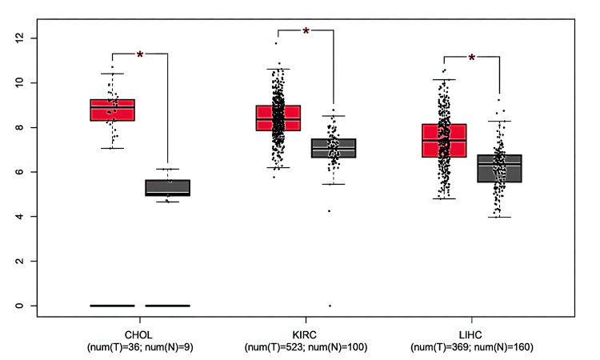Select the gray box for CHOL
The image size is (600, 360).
click(x=167, y=187)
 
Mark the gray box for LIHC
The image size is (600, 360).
click(x=499, y=168)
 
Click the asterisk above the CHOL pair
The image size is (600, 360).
click(x=140, y=55)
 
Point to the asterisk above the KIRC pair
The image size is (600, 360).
click(x=306, y=32)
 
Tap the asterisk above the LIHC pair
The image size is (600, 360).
click(x=471, y=58)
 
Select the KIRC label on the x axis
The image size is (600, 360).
click(x=306, y=336)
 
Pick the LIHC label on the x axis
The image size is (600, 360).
click(x=471, y=336)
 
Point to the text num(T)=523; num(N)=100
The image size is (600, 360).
click(x=306, y=347)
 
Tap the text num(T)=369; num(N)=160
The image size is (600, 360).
click(x=471, y=347)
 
